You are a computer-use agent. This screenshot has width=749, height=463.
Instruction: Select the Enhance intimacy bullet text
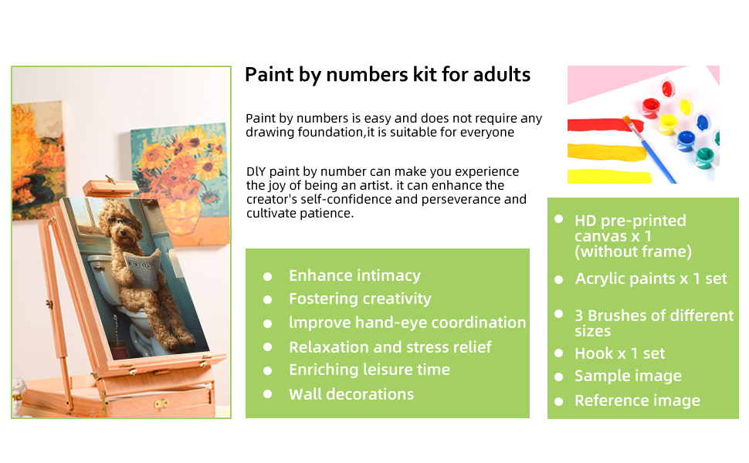pos(355,275)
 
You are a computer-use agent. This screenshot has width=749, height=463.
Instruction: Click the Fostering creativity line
pos(360,299)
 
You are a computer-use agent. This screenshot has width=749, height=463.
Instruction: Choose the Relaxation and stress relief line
pos(390,347)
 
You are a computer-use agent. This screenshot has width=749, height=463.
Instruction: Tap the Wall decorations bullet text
pos(351,394)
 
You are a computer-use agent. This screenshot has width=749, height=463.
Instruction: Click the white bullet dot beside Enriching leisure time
pos(267,371)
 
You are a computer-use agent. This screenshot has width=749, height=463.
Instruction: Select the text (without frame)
pos(633,252)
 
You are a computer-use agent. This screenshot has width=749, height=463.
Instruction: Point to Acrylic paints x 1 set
pos(651,279)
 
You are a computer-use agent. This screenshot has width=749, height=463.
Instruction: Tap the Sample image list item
pos(628,376)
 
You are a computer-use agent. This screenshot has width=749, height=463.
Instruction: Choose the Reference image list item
pos(637,400)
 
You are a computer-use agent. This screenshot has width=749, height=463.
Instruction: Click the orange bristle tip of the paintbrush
pos(627,120)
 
